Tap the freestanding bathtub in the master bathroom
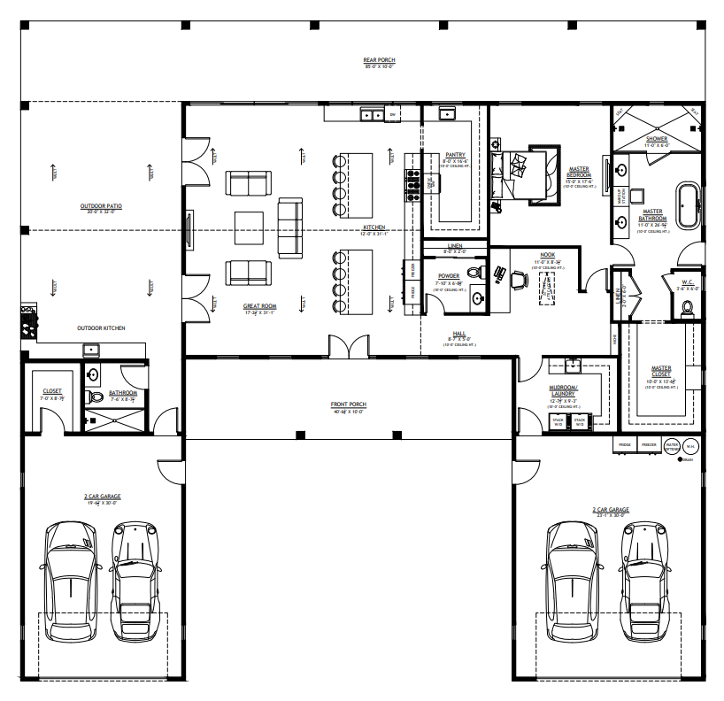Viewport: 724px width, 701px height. click(688, 206)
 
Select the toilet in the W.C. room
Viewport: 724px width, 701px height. click(686, 308)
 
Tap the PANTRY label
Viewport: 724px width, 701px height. click(456, 154)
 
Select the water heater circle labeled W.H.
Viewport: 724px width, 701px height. click(690, 446)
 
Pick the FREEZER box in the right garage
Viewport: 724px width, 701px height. click(648, 445)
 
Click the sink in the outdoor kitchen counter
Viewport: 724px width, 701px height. click(92, 350)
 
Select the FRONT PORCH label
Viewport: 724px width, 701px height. click(349, 404)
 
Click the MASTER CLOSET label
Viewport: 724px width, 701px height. click(661, 371)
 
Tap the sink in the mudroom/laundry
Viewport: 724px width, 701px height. click(569, 365)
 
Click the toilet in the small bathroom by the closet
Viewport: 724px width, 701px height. click(96, 396)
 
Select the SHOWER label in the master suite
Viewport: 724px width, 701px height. click(657, 139)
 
